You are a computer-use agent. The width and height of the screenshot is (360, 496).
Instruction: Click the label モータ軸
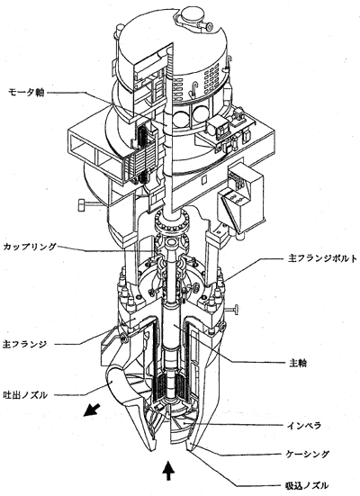coord(26,93)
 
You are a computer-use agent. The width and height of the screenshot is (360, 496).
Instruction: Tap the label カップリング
coord(30,247)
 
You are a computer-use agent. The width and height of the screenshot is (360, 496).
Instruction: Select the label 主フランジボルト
coord(322,258)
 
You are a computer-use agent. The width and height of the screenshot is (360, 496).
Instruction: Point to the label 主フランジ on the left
coord(24,344)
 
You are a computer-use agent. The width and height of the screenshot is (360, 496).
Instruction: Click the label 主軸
coord(298,363)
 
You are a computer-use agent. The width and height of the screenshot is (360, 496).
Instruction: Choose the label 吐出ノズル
coord(25,395)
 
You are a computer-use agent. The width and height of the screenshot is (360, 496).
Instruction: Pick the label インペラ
coord(304,426)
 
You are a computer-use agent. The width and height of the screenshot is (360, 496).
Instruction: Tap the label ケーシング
coord(307,455)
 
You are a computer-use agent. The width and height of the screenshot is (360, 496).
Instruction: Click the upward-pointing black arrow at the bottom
coord(168,471)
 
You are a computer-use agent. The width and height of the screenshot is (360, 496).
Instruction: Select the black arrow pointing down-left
coord(92,410)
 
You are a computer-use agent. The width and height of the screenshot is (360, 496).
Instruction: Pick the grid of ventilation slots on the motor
coord(211,81)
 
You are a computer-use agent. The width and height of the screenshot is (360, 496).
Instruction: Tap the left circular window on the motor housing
coord(180,119)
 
